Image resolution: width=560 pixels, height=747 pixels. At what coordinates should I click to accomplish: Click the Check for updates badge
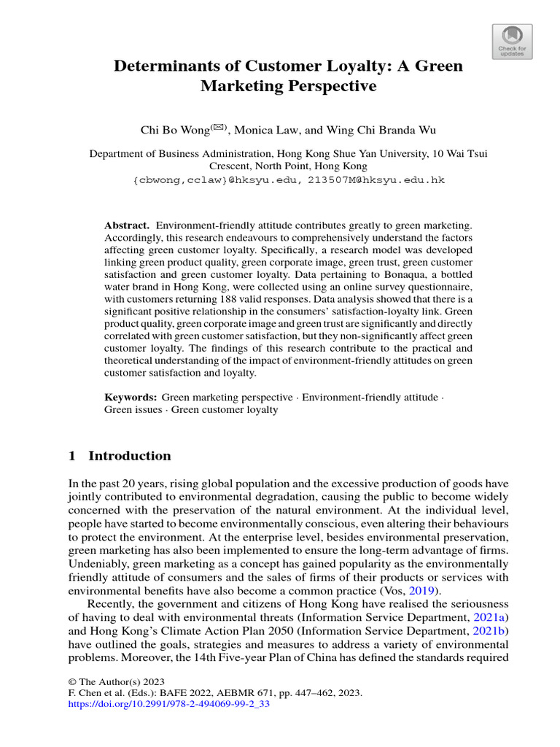pyautogui.click(x=513, y=42)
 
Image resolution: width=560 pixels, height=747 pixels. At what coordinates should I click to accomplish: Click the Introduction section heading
pyautogui.click(x=129, y=456)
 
